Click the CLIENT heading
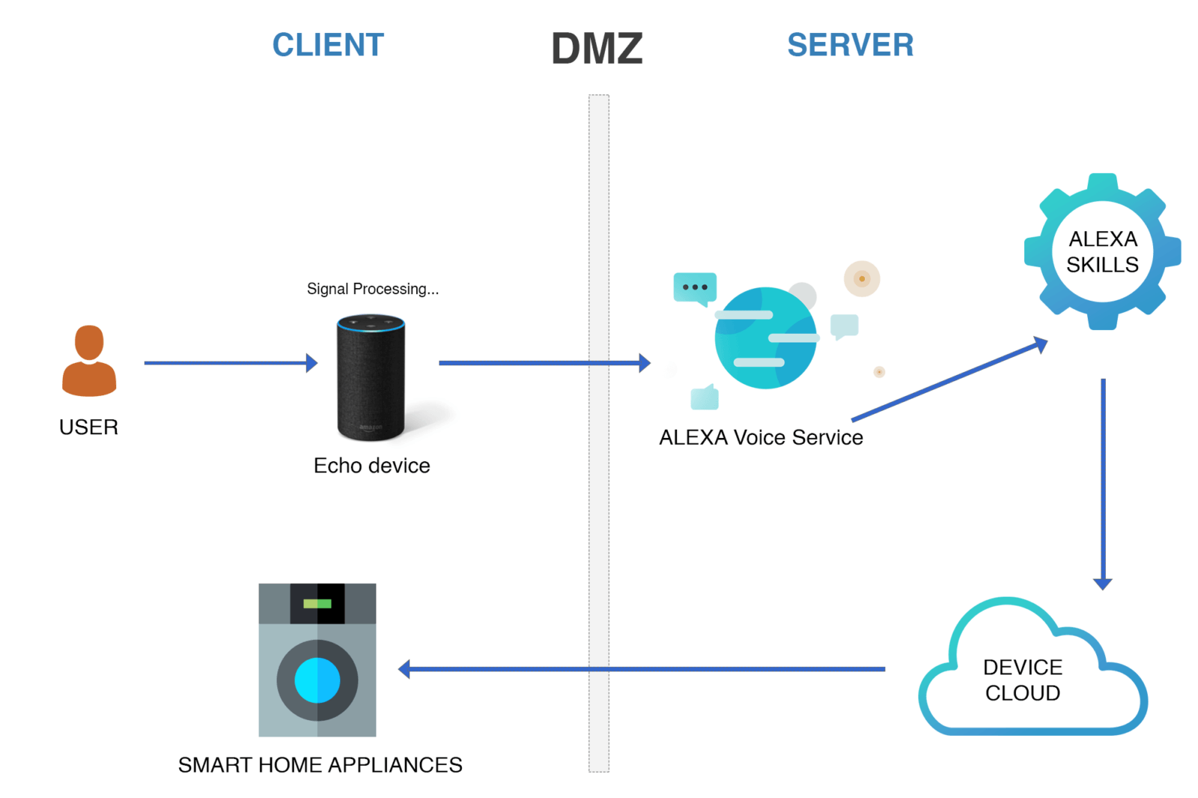click(328, 45)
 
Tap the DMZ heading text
click(597, 49)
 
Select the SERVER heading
click(850, 45)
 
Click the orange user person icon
click(89, 361)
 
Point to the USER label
click(88, 427)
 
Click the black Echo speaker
click(371, 377)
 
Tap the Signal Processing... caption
click(372, 289)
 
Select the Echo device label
click(371, 466)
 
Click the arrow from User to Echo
click(228, 363)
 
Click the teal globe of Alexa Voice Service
click(765, 338)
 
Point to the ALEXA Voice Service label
click(761, 437)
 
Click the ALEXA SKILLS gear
click(1102, 252)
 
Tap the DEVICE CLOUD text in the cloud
click(1023, 680)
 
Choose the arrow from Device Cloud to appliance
click(644, 668)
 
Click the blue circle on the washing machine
click(317, 680)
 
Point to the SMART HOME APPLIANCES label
click(320, 765)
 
